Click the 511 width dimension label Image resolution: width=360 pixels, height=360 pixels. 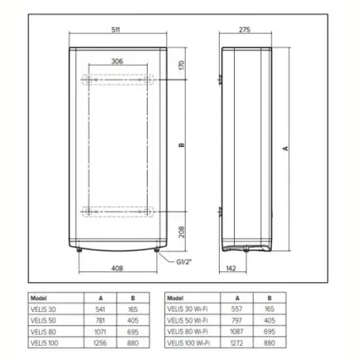[115, 30]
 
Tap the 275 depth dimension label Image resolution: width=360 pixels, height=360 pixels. [245, 30]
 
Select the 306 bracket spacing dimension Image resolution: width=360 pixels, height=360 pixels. [117, 61]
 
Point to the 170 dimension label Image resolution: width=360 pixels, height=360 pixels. [182, 66]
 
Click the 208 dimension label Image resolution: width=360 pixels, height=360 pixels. [182, 231]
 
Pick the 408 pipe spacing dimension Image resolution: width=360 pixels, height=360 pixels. [117, 268]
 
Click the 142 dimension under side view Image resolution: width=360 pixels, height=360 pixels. [231, 268]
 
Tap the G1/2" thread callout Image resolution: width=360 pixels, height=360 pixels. [184, 261]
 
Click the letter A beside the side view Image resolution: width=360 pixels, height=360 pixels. [286, 148]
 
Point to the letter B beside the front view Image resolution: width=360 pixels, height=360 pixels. [182, 145]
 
